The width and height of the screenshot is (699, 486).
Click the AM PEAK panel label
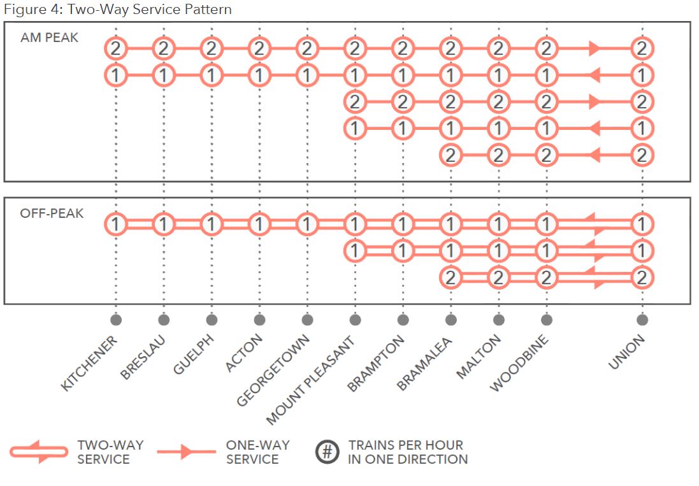[49, 38]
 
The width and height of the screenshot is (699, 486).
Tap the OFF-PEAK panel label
[52, 213]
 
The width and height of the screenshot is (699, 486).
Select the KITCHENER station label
[89, 363]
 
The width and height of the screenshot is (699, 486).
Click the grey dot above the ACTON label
[259, 320]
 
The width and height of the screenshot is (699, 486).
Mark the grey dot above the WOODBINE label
[546, 320]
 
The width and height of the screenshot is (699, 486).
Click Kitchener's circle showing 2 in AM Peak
[115, 48]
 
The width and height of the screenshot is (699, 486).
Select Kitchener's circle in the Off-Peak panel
[115, 224]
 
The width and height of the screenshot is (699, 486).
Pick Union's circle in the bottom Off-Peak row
[642, 278]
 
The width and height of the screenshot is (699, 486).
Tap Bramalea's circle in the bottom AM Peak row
[450, 155]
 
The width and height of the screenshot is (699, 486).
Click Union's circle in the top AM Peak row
[642, 48]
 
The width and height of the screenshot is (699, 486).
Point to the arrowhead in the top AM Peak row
[594, 48]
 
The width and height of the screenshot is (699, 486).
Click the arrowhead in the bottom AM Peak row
[594, 155]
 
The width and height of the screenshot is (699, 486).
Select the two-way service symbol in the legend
[39, 452]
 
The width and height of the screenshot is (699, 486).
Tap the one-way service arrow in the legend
[186, 452]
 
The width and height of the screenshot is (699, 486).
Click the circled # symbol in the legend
[327, 452]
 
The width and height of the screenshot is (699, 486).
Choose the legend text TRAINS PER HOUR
[405, 445]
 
